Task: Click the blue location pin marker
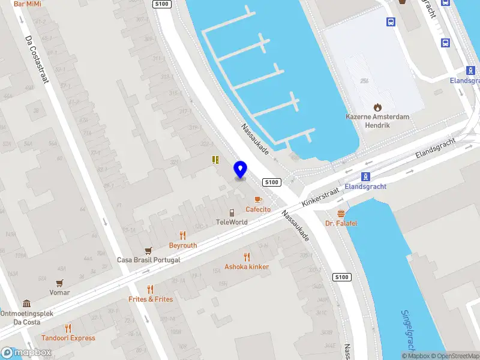click(241, 170)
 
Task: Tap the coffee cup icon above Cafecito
click(258, 199)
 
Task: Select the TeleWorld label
click(232, 221)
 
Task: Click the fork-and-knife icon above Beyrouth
click(183, 235)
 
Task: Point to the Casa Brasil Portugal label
click(148, 260)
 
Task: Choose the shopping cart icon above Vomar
click(59, 283)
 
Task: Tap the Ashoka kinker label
click(247, 266)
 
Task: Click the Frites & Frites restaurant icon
click(150, 289)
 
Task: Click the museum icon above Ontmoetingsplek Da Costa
click(27, 304)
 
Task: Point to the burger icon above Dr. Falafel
click(341, 214)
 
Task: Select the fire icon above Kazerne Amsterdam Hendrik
click(377, 107)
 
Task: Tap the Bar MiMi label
click(27, 4)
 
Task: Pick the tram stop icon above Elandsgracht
click(365, 176)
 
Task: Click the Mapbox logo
click(26, 353)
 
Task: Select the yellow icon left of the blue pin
click(215, 160)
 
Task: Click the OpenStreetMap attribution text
click(455, 356)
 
